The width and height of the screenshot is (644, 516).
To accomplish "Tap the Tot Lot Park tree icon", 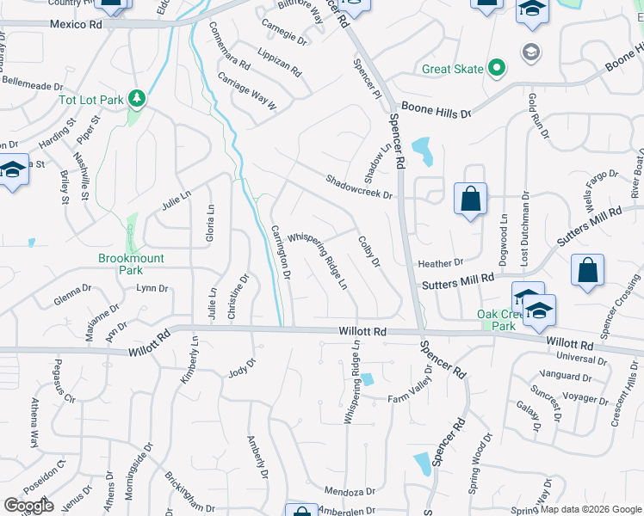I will pos(136,100).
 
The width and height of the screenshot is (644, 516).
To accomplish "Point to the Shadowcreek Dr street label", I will pos(358,187).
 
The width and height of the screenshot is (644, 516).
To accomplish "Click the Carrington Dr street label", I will pos(282,251).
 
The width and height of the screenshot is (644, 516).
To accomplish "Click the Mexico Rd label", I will pos(75,25).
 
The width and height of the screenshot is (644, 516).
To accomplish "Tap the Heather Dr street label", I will pos(440,262).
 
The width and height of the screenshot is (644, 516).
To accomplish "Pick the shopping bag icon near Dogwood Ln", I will pos(470,200).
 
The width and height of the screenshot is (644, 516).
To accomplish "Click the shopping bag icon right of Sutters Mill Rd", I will pos(586,271).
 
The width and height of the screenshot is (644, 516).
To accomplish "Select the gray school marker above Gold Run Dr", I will pos(531,52).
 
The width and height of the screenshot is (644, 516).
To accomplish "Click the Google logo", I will pos(28,505).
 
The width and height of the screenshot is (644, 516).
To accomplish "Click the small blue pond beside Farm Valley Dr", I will pos(368,379).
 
